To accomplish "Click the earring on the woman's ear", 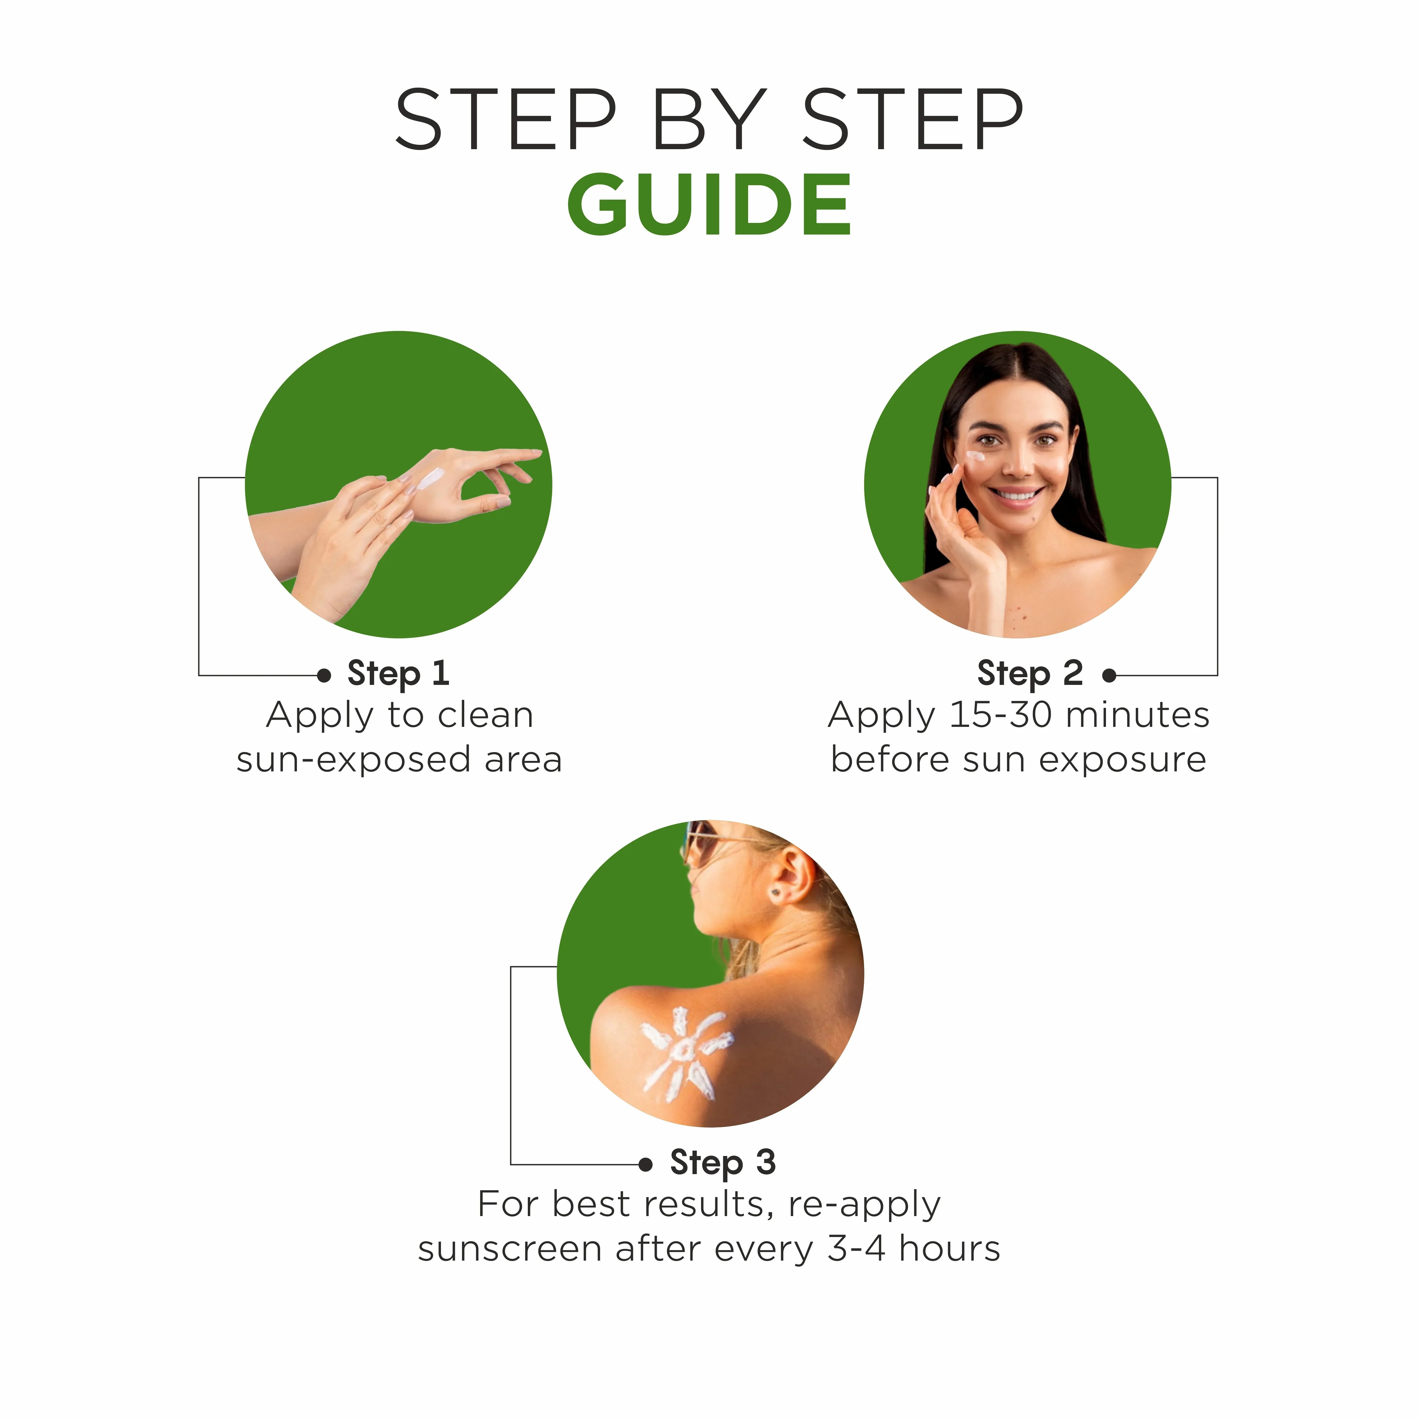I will coord(776,892).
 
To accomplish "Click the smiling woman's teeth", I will coord(1016,495).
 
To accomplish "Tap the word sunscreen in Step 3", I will coord(509,1249).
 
